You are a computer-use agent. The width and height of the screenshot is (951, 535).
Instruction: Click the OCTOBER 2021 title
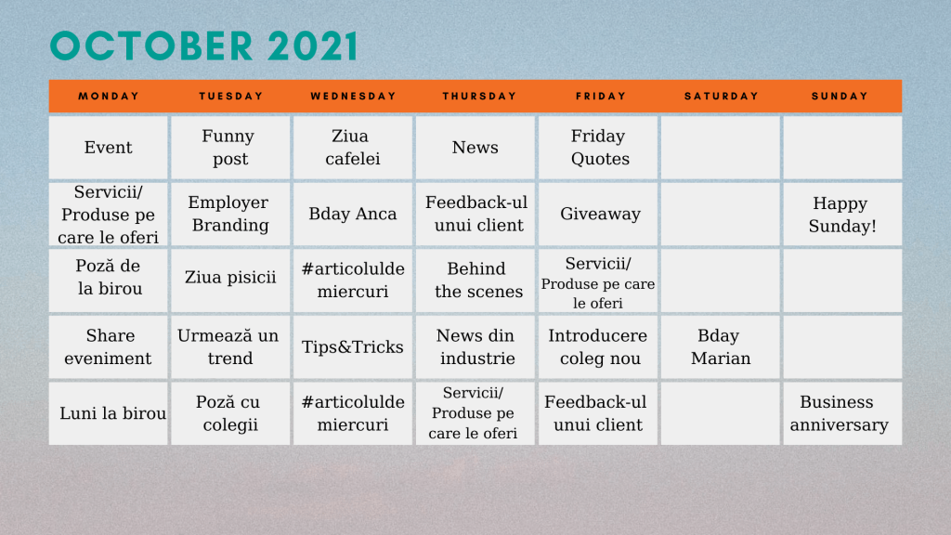[203, 46]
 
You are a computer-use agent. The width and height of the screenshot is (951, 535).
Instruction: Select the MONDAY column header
[109, 96]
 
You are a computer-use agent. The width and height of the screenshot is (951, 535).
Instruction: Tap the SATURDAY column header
[721, 96]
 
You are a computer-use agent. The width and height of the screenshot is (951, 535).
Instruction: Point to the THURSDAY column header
[479, 96]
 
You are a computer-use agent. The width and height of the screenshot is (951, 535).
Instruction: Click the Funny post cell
[230, 148]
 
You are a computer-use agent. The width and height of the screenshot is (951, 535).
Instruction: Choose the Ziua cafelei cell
[353, 148]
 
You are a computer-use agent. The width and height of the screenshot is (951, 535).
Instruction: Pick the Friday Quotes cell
[598, 148]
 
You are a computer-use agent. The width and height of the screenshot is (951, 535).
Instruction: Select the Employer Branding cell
[230, 215]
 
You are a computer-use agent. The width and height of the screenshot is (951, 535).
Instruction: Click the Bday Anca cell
[353, 215]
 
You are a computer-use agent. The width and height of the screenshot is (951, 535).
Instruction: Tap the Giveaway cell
[598, 215]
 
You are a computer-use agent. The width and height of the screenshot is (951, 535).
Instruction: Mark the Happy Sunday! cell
[842, 215]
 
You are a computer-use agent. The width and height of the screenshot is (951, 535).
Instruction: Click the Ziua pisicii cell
[230, 281]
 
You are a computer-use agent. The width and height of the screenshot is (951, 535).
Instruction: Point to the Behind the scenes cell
[475, 281]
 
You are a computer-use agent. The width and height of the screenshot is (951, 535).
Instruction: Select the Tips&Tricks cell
[353, 347]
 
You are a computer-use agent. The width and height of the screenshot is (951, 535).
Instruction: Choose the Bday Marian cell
[721, 347]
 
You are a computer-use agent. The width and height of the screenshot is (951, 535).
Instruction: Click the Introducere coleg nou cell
[598, 347]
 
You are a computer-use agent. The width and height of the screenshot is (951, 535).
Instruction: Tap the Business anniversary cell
[842, 413]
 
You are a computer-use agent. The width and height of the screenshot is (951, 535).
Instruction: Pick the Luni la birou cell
[109, 413]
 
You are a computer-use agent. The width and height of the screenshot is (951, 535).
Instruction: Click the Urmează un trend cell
[230, 347]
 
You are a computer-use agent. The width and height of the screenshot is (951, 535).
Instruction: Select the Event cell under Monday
[109, 148]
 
